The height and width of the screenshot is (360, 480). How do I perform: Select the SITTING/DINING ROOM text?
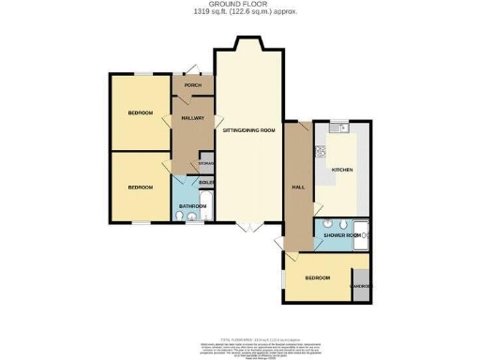(248, 132)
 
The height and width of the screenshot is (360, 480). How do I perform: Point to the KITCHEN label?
(342, 169)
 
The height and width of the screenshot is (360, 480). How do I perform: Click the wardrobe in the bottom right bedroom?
(360, 288)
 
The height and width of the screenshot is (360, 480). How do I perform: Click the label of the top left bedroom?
(140, 113)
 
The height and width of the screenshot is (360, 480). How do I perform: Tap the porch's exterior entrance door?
(192, 70)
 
